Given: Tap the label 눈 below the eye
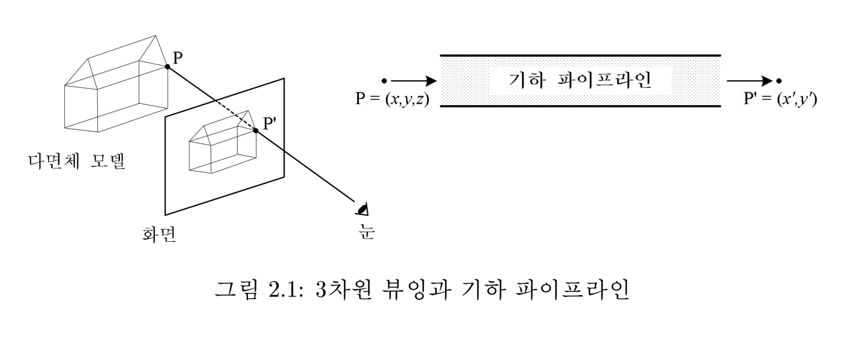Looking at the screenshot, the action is tap(367, 232).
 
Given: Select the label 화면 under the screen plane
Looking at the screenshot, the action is tap(155, 235).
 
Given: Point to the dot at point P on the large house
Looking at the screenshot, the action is tap(168, 67).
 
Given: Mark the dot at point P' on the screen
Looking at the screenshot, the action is tap(256, 130).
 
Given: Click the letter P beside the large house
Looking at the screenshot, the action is tap(178, 57).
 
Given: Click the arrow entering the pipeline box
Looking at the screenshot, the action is tap(413, 80).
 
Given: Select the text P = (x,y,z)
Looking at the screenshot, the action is tap(392, 99).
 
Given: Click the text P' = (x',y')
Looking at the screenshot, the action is tap(780, 99).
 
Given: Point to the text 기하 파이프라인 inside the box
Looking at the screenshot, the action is tap(580, 80).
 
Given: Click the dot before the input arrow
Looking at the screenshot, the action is tap(384, 80).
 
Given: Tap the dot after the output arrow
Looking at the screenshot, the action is tap(779, 80).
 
